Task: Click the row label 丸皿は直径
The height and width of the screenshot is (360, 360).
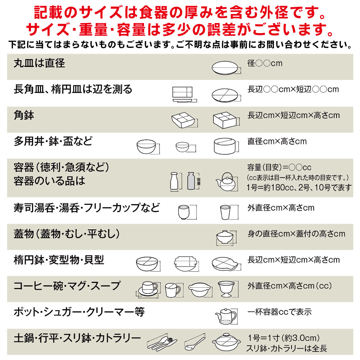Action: pyautogui.click(x=39, y=63)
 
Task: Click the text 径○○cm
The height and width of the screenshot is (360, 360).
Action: pyautogui.click(x=265, y=63)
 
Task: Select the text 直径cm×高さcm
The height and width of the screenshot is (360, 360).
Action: pyautogui.click(x=277, y=141)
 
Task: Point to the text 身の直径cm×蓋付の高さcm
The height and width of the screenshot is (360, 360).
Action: pyautogui.click(x=296, y=234)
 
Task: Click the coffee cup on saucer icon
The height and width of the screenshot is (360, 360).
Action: pyautogui.click(x=148, y=289)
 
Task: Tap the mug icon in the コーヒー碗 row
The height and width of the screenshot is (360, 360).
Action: pyautogui.click(x=172, y=289)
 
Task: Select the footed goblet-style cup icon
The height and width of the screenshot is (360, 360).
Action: pyautogui.click(x=226, y=289)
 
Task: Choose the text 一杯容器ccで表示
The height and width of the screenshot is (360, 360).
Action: pyautogui.click(x=279, y=312)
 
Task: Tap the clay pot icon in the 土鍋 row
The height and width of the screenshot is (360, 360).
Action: pyautogui.click(x=226, y=342)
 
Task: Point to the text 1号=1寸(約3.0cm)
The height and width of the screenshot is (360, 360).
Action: pyautogui.click(x=284, y=338)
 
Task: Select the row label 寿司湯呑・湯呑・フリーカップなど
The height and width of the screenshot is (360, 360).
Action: pyautogui.click(x=87, y=208)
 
